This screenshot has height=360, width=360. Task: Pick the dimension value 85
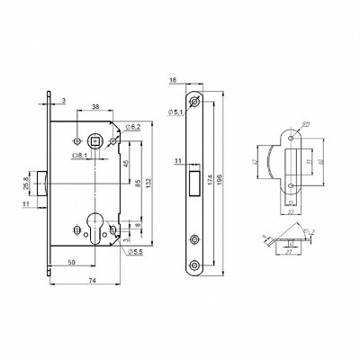click(x=136, y=186)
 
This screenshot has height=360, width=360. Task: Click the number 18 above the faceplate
click(x=173, y=80)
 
